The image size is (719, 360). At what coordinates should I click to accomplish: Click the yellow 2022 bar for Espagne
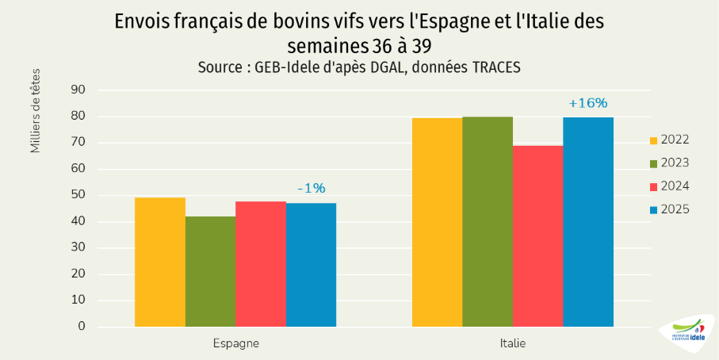(x=160, y=262)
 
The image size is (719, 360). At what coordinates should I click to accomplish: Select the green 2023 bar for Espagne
(x=210, y=271)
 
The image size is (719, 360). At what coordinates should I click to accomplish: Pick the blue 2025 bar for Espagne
(x=311, y=265)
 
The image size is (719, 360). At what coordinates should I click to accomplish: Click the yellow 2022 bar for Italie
(x=437, y=222)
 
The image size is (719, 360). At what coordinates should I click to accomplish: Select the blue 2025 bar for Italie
(x=588, y=222)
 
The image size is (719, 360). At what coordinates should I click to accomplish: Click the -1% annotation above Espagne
(x=311, y=189)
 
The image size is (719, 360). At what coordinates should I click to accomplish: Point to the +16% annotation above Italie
(x=588, y=103)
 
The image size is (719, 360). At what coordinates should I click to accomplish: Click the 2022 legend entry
(x=668, y=140)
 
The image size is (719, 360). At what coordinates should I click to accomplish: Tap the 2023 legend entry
(x=668, y=163)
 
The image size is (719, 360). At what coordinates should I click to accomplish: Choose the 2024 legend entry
(x=668, y=186)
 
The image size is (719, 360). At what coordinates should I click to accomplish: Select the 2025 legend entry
(x=668, y=209)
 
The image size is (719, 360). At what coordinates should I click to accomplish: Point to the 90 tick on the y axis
(x=78, y=90)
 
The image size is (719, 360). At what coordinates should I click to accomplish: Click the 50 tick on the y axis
(x=78, y=195)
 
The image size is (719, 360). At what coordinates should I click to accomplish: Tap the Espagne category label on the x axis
(x=235, y=344)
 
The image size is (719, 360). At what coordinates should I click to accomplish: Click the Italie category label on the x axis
(x=513, y=344)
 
